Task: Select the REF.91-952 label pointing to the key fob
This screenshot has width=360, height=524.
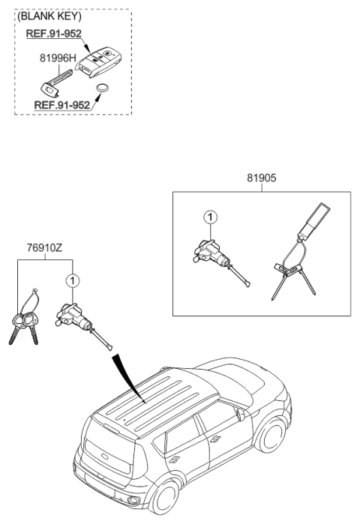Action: (x=53, y=34)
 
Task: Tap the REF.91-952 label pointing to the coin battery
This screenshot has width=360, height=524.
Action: (x=62, y=106)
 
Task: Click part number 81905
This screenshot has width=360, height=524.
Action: (x=260, y=180)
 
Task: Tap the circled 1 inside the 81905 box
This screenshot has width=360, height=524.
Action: (x=211, y=217)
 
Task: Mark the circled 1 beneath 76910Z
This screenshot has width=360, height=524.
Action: (x=72, y=282)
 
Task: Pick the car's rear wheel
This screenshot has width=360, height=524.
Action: (x=163, y=500)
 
